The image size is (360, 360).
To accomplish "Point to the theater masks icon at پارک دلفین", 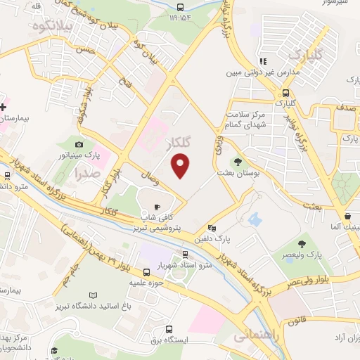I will [213, 228].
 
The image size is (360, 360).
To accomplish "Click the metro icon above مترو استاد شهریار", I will [185, 255].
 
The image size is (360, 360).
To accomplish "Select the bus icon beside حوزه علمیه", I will [146, 272].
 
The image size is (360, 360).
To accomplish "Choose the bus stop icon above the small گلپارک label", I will [285, 93].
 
